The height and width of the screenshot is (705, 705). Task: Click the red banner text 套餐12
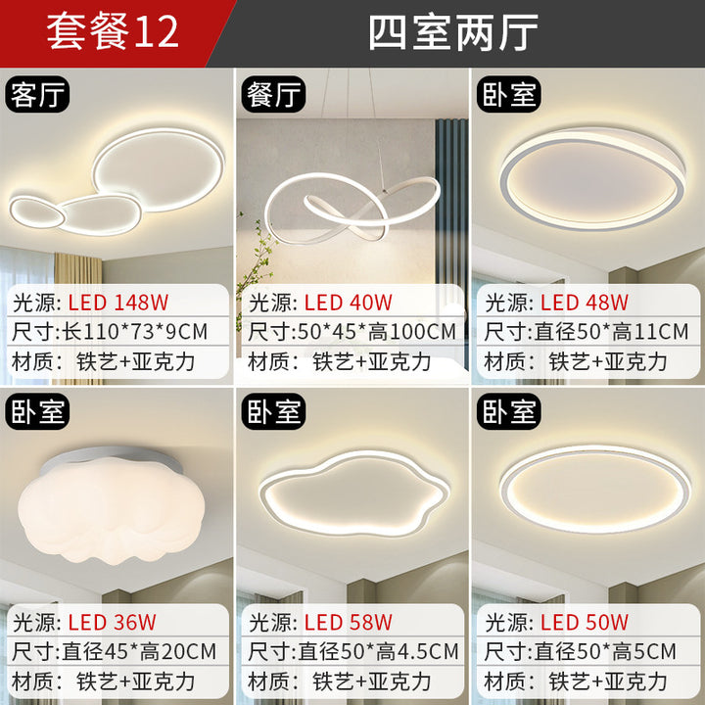coord(113,32)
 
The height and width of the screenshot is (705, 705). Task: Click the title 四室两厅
coord(453,32)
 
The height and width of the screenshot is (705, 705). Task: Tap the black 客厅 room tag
coord(38,94)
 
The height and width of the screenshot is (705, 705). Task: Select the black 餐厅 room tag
coord(273,94)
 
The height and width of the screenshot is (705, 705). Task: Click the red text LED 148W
coord(118,303)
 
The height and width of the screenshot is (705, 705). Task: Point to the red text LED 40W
coord(349,303)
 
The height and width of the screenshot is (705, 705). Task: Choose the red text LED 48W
coord(584,303)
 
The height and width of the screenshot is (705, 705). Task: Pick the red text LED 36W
coord(112,623)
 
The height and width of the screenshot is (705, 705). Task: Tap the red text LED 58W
coord(349,623)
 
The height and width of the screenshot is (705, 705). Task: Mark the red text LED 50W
coord(584,623)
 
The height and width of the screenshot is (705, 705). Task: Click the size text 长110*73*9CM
coord(135,332)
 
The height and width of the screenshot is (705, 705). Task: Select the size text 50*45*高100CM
coord(377,332)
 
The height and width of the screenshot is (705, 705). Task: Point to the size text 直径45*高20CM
coord(139,651)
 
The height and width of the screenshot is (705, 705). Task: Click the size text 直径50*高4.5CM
coord(378,651)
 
